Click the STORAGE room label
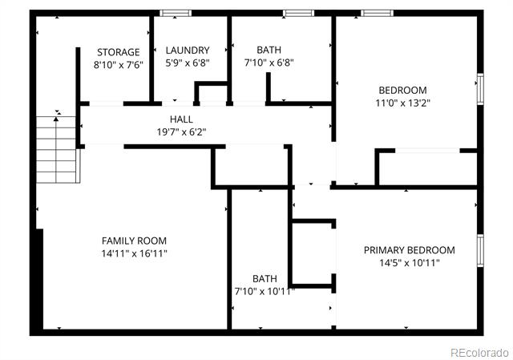(119, 52)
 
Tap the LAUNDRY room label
(188, 50)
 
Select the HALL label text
(181, 119)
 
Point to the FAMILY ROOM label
(134, 241)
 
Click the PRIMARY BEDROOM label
(410, 250)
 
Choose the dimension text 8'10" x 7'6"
(119, 65)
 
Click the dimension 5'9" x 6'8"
(188, 63)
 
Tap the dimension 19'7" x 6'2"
(181, 131)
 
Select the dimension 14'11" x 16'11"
(134, 253)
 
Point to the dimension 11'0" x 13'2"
(402, 103)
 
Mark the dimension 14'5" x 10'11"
(410, 263)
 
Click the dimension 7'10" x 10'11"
(265, 291)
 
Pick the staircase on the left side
(58, 150)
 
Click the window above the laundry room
(176, 13)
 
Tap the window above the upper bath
(298, 13)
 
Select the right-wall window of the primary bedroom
(480, 251)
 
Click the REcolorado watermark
(479, 353)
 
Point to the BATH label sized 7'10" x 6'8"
(269, 50)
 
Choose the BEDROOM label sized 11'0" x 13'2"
(402, 91)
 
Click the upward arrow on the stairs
(56, 150)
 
